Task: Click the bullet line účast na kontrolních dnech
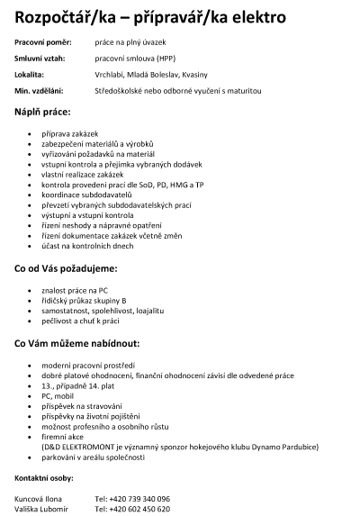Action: click(88, 245)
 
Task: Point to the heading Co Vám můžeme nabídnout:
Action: click(77, 343)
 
